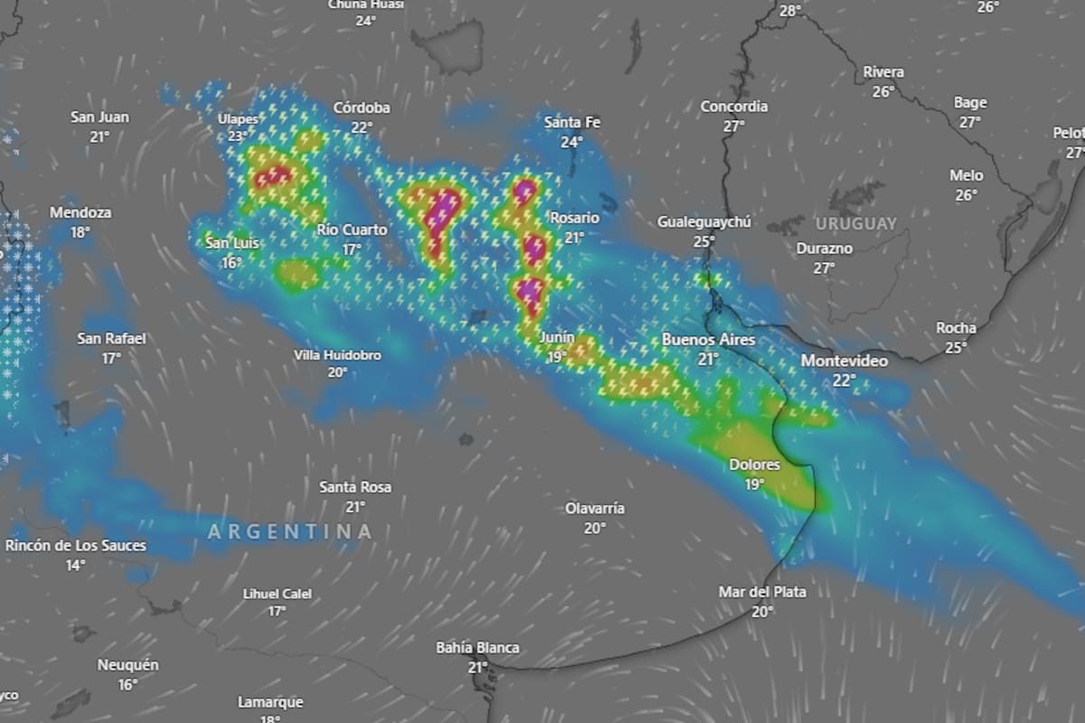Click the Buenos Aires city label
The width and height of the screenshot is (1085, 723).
point(708,340)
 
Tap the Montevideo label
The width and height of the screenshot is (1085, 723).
point(844,361)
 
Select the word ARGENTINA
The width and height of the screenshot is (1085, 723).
point(289,531)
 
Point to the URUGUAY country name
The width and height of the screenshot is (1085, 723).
point(855,223)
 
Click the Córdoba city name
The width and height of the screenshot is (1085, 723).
point(362,108)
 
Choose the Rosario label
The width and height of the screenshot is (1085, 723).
point(574,218)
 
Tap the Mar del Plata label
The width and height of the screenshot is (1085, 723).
point(762,592)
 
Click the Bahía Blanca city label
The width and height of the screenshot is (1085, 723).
point(477,647)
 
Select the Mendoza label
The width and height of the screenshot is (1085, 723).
point(80,212)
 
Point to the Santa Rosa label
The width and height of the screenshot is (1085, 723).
point(355,487)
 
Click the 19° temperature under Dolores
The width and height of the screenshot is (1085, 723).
point(755,484)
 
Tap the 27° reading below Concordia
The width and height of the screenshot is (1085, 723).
point(733,127)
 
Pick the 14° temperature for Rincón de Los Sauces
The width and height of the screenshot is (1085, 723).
point(75,565)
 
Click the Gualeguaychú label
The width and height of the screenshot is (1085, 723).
point(704,221)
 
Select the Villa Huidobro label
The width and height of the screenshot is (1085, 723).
point(337,355)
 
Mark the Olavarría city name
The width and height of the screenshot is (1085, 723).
point(594,508)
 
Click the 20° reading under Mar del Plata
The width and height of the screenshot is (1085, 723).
point(762,612)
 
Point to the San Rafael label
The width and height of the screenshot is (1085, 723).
point(111,339)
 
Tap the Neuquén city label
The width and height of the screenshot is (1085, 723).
point(127,665)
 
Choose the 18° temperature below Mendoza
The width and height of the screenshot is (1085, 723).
point(80,232)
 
